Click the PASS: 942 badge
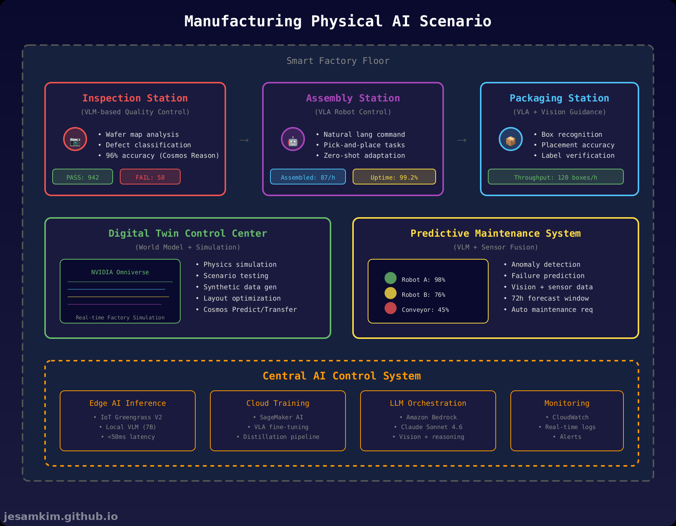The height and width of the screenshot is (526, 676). coord(83,177)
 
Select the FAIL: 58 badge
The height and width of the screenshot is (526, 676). coord(150,177)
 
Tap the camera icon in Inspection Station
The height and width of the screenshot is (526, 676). coord(75,139)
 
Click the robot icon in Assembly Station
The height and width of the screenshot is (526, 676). coord(293,139)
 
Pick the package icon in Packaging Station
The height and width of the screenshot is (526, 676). coord(511,139)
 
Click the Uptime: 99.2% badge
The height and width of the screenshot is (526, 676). coord(394,177)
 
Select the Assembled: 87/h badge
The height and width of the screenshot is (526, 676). coord(308,177)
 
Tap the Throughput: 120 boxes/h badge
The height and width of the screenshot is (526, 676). coord(555,177)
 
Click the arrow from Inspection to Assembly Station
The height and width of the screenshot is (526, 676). coord(244,140)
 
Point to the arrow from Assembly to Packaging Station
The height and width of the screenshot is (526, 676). coord(462,140)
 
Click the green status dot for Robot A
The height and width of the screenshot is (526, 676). coord(391,278)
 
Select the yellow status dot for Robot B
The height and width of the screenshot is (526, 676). coord(391,293)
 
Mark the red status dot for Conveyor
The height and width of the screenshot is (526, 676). coord(391,308)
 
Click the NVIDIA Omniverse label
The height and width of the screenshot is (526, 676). coord(120,272)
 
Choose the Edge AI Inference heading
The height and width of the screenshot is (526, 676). coord(128,403)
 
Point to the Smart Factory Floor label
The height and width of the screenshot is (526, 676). coord(338,61)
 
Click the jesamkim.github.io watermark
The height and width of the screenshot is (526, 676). coord(61,517)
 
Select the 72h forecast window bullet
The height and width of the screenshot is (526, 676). coord(550,298)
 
